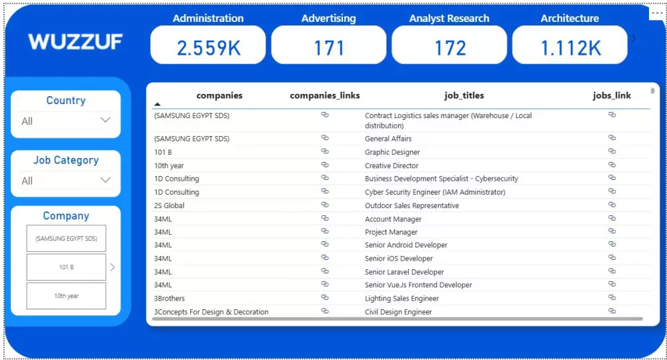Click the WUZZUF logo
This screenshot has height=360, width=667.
click(x=75, y=42)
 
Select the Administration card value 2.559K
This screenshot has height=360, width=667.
click(x=208, y=47)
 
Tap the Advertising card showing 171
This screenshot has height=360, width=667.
click(x=329, y=47)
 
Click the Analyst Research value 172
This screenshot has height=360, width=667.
click(x=450, y=47)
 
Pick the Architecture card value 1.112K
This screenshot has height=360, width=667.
click(x=570, y=47)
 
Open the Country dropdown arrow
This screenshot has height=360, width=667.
click(x=105, y=120)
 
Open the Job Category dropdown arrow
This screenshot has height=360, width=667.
click(x=105, y=179)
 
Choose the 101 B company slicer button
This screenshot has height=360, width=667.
click(x=66, y=267)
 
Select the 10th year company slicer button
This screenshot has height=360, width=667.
click(x=66, y=296)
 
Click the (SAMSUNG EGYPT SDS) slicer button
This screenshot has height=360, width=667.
click(x=66, y=238)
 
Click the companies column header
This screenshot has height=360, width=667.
click(x=219, y=95)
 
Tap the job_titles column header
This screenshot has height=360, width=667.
click(x=464, y=95)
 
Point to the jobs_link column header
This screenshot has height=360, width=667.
click(x=612, y=95)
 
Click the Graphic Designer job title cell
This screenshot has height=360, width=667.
click(x=392, y=152)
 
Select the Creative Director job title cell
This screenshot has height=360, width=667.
click(x=392, y=165)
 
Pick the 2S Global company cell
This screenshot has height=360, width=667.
click(x=169, y=205)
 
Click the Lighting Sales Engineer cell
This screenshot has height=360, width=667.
click(x=402, y=298)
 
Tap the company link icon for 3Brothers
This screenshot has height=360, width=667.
click(x=325, y=297)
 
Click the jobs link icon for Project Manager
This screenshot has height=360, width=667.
click(x=612, y=231)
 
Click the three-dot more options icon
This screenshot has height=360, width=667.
click(x=658, y=13)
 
